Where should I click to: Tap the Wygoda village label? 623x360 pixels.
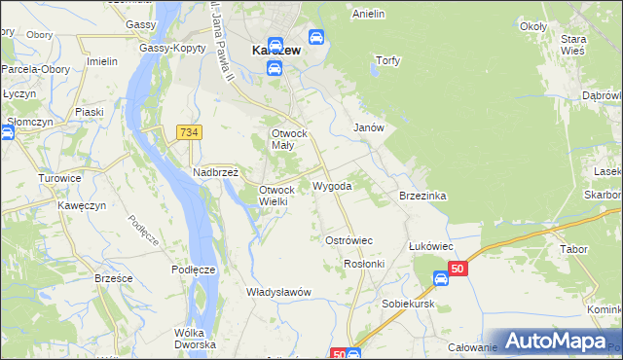332,185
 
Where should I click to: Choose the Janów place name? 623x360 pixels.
369,127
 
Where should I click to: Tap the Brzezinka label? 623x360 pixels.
422,196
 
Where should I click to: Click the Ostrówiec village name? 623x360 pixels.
348,239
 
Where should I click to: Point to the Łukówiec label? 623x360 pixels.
432,246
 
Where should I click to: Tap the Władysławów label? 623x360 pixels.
277,292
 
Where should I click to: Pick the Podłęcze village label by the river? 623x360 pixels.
193,270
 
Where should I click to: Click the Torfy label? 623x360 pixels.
388,59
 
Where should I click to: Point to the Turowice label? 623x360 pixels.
58,178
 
